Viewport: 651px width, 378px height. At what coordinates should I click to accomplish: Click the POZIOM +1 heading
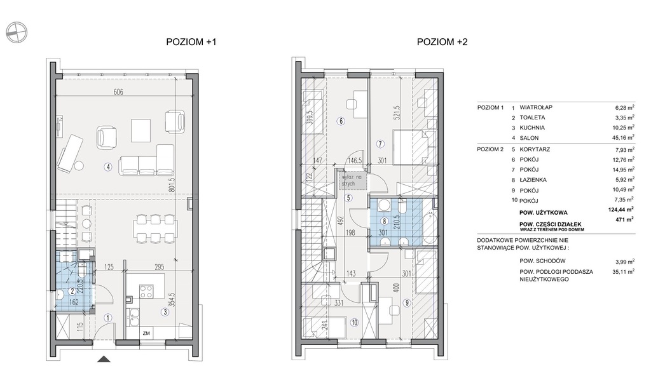tap(191, 42)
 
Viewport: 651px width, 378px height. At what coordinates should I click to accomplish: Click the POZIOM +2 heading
tap(442, 42)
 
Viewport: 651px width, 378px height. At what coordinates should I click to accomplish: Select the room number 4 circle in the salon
tap(108, 167)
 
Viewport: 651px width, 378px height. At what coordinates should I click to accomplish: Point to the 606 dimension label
tap(119, 92)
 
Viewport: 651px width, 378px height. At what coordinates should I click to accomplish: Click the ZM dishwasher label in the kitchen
tap(146, 333)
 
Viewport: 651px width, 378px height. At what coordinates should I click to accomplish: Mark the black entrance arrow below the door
tap(104, 360)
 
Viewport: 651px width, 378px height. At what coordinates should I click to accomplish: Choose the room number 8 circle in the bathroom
tap(385, 222)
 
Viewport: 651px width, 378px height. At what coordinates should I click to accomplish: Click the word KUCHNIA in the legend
tap(532, 128)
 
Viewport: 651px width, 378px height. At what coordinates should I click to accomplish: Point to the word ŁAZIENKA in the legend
tap(533, 180)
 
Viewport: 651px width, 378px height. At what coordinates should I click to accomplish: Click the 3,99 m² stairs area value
tap(625, 262)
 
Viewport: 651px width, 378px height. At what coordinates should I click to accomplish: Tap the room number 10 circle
tap(354, 322)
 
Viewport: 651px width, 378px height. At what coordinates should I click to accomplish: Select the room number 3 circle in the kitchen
tap(165, 312)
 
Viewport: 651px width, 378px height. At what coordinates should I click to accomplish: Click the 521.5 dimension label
tap(397, 113)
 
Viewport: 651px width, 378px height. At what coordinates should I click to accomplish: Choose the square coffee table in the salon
tap(141, 131)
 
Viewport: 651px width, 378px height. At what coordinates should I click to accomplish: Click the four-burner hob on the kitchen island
tap(146, 291)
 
